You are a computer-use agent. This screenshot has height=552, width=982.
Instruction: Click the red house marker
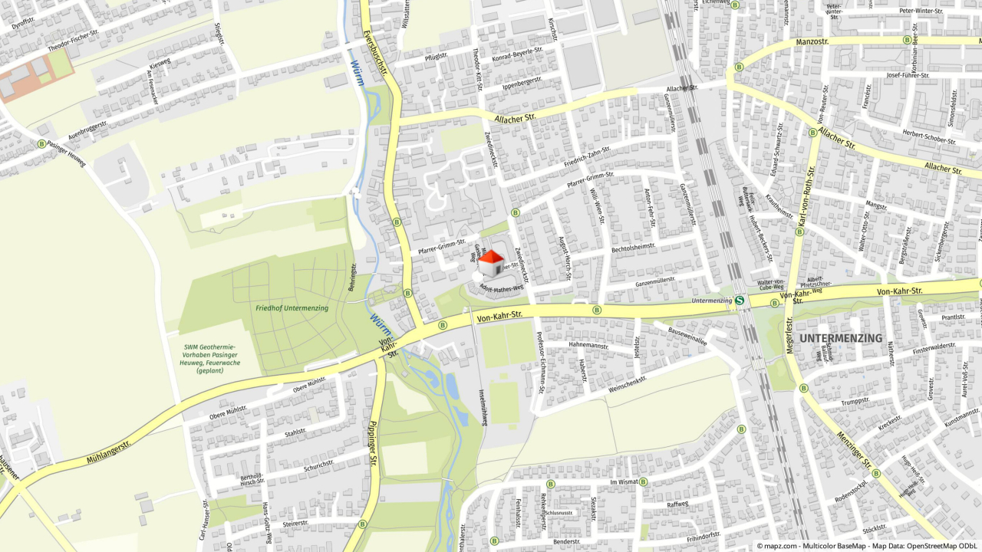492,263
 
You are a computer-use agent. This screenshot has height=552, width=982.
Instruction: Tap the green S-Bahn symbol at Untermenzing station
740,301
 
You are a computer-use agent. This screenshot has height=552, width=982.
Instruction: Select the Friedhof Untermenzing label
292,308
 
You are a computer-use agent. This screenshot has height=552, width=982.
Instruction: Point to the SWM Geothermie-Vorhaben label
209,358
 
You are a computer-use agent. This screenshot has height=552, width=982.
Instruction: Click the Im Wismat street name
623,481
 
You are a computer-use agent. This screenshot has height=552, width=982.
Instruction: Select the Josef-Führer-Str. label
907,76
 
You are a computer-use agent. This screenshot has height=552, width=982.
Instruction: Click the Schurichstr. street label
318,465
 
